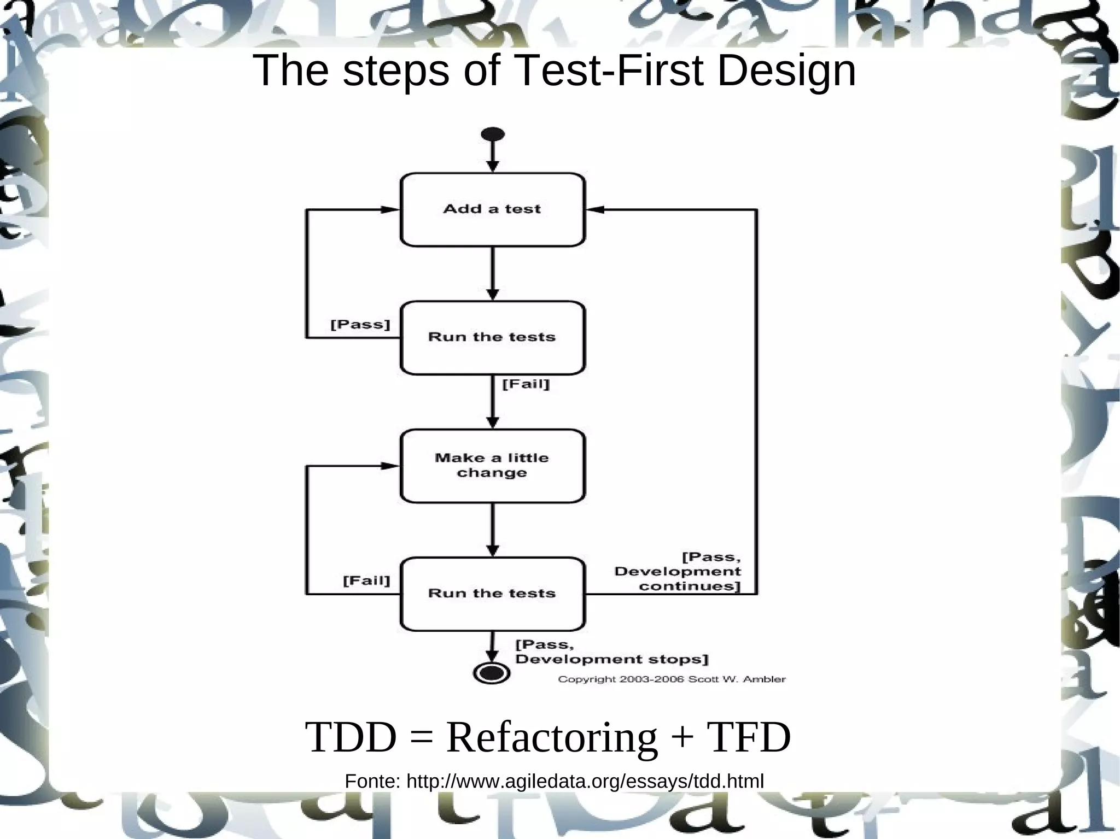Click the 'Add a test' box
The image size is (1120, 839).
(x=492, y=209)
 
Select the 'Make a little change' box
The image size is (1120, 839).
(x=492, y=466)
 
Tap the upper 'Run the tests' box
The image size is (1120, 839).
(x=492, y=337)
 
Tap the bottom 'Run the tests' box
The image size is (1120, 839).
(x=492, y=594)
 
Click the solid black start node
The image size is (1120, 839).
(x=492, y=134)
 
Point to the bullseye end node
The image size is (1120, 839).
(x=492, y=672)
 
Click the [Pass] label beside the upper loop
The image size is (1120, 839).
(x=360, y=325)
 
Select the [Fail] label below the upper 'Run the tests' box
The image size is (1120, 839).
(x=526, y=384)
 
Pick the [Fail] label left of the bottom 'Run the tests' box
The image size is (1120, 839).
(x=366, y=580)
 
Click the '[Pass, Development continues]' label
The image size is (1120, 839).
(x=678, y=572)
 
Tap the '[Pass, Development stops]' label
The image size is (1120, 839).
(x=611, y=652)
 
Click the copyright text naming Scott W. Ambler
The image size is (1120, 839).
(x=672, y=679)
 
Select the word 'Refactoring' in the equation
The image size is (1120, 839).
(x=551, y=737)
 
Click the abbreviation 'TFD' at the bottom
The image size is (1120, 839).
(x=749, y=737)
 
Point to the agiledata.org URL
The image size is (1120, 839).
(x=585, y=782)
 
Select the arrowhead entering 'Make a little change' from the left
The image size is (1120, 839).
(x=390, y=466)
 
